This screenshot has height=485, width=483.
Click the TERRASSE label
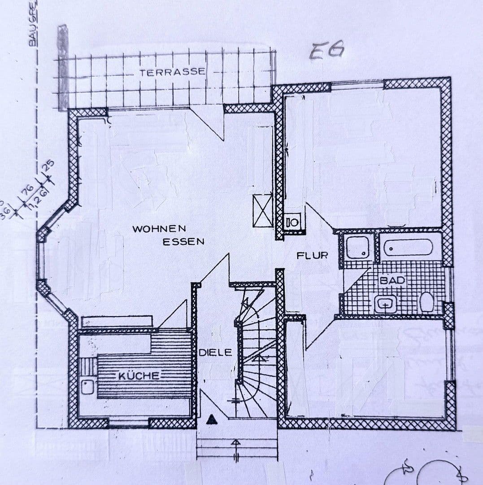[x=172, y=72]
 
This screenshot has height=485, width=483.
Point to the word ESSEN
[x=183, y=241]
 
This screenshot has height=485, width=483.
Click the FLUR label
[x=312, y=256]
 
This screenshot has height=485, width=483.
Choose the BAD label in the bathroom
[x=392, y=281]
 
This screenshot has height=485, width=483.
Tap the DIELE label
[x=216, y=353]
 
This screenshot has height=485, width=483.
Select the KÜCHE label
[x=139, y=376]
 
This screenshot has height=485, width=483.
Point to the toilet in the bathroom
[x=426, y=302]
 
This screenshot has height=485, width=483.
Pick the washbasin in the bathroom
[x=386, y=304]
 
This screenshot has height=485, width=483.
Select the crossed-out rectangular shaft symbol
[x=263, y=210]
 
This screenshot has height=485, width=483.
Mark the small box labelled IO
[x=292, y=221]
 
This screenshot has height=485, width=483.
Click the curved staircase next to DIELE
[x=256, y=350]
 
